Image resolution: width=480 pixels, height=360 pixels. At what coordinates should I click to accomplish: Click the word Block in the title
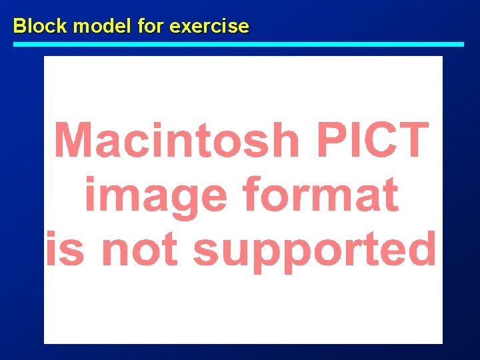[x=41, y=26]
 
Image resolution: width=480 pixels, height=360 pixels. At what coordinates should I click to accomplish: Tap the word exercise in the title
[x=209, y=26]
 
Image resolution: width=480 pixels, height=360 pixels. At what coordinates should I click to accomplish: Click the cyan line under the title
[x=239, y=44]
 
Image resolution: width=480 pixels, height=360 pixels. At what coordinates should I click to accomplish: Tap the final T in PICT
[x=413, y=140]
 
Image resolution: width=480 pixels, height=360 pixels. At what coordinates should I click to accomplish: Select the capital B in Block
[x=20, y=26]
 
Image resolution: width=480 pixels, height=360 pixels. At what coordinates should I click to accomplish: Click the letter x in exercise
[x=185, y=27]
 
